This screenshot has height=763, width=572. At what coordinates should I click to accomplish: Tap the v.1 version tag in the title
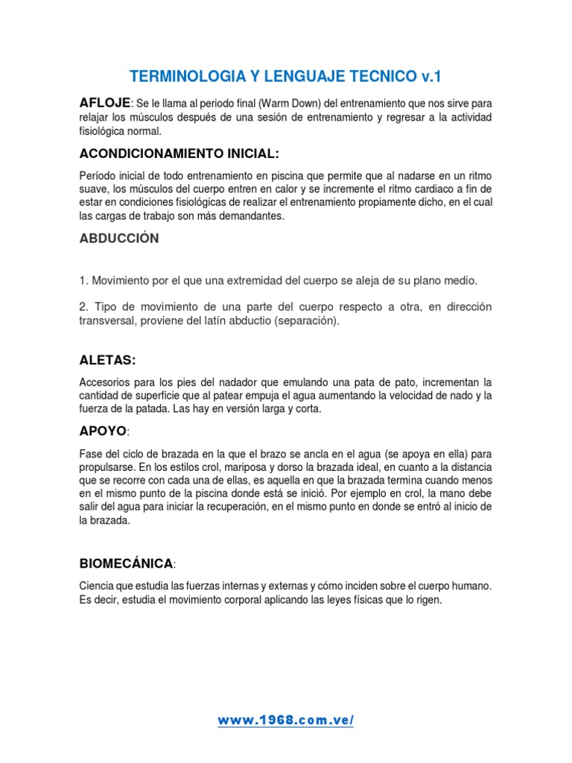(x=431, y=76)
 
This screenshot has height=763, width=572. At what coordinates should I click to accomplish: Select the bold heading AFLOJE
(x=105, y=102)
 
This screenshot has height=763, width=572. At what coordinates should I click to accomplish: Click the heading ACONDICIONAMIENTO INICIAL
(x=179, y=153)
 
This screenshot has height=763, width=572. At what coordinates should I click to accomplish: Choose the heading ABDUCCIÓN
(x=119, y=238)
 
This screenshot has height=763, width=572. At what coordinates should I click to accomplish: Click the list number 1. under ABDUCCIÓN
(x=83, y=280)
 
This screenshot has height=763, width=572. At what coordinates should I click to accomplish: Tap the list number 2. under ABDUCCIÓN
(x=83, y=307)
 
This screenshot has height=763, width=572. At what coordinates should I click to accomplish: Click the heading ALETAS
(x=107, y=360)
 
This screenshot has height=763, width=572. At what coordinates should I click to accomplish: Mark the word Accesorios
(x=104, y=381)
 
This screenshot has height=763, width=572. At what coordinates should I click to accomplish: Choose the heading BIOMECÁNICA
(x=127, y=562)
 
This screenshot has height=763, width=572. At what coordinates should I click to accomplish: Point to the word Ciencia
(x=97, y=586)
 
